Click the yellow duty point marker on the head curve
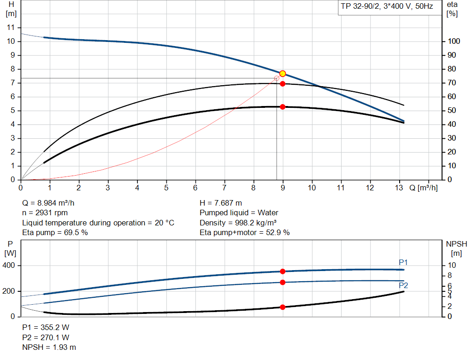tap(283, 74)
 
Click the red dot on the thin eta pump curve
tap(283, 84)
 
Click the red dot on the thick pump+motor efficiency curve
tap(283, 107)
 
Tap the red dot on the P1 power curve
tap(283, 271)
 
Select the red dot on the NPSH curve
tap(283, 307)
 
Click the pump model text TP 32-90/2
tap(359, 8)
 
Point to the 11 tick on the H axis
tap(12, 28)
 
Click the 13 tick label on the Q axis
tap(400, 188)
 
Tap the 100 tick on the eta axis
tap(454, 41)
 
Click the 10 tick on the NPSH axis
tap(453, 266)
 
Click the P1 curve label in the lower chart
tap(403, 262)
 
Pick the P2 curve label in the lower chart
tap(403, 286)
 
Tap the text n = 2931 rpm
tap(45, 213)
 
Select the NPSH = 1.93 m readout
tap(49, 347)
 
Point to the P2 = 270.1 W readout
tap(46, 337)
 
